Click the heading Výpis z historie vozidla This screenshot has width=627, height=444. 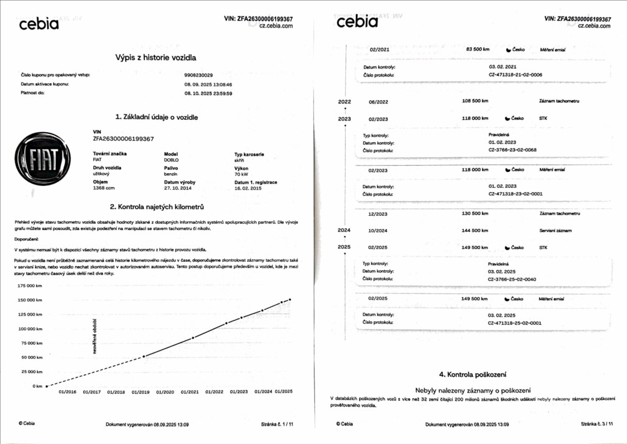156,57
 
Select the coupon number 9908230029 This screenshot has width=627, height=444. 199,75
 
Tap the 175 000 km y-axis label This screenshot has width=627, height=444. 30,286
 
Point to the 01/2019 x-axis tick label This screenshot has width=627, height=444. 141,391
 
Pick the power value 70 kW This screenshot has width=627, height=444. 242,174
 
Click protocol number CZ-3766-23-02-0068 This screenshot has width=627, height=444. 512,150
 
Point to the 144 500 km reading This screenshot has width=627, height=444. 476,230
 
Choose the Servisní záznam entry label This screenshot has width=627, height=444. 555,230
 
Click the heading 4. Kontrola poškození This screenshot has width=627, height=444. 472,374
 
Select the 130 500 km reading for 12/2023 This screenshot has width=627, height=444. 476,214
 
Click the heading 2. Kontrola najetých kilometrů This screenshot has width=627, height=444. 156,207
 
